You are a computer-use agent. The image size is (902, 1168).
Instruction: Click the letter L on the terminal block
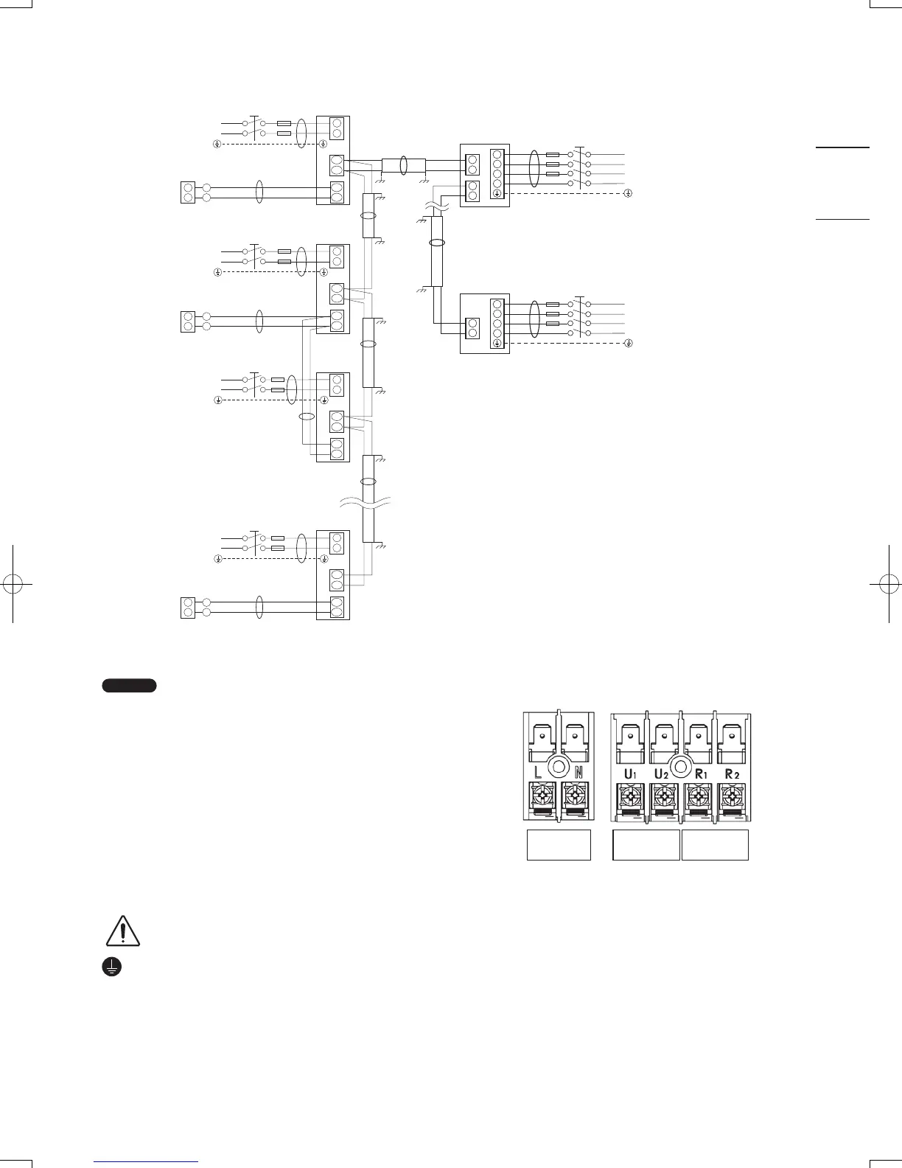[539, 774]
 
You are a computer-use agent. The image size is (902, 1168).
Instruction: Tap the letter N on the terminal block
[578, 774]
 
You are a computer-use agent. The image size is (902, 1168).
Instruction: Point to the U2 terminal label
[661, 774]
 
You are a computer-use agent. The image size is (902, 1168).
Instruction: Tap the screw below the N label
[576, 798]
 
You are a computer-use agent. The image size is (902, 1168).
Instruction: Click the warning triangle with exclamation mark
[123, 931]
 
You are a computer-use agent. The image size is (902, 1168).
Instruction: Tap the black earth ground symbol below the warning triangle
[111, 968]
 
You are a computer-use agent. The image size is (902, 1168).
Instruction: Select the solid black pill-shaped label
[129, 686]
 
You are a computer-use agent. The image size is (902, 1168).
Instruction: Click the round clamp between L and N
[559, 765]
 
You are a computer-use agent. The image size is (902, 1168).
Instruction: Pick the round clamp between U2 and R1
[681, 765]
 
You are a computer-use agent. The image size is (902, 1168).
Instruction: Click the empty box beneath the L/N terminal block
[559, 845]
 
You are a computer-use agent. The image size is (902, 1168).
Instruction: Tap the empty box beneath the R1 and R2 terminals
[715, 845]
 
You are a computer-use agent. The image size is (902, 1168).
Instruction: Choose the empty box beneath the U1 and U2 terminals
[646, 845]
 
